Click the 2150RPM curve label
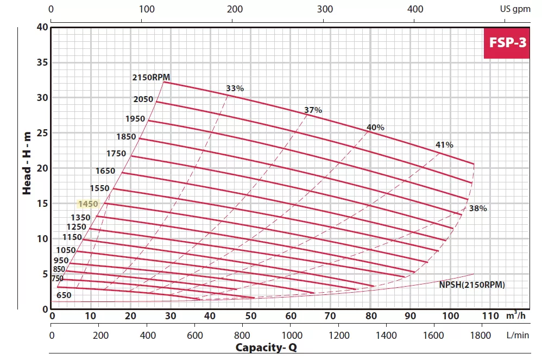point(151,77)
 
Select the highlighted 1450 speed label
point(87,204)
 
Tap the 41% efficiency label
point(444,145)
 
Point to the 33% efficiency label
point(235,89)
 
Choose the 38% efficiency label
point(478,209)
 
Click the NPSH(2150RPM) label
point(472,285)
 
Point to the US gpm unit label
point(514,9)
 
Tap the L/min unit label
point(517,335)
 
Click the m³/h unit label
point(516,315)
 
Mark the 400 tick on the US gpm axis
point(415,9)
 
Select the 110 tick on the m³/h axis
point(490,316)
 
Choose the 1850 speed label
point(125,137)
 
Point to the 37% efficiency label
point(313,110)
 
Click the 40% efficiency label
point(375,128)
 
